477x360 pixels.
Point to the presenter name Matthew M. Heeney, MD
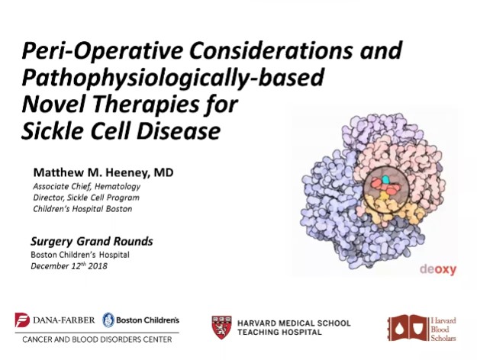click(103, 172)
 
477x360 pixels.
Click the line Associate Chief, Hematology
click(86, 186)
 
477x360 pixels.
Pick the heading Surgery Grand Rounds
click(92, 242)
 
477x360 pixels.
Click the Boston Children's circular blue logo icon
click(108, 319)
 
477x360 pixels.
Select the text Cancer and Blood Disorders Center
click(97, 338)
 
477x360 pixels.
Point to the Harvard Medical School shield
click(221, 326)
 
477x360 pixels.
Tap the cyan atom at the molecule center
click(386, 179)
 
